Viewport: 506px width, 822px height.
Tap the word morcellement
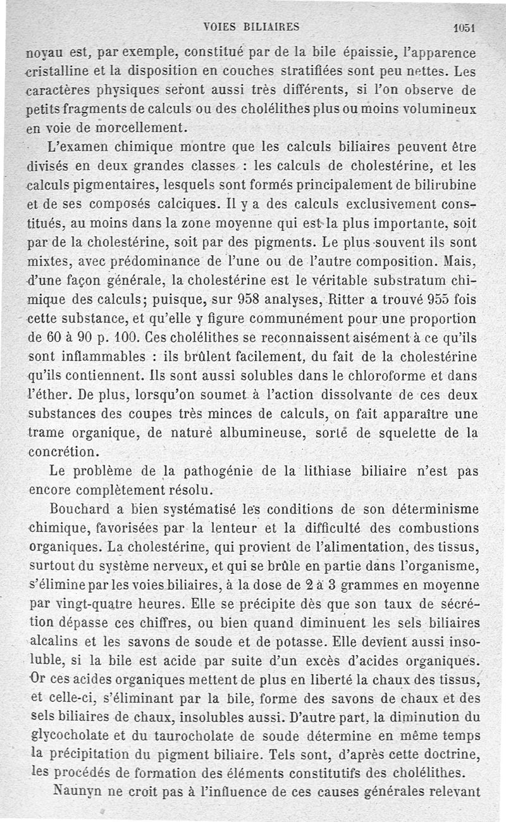(147, 125)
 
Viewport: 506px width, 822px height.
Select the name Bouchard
(79, 509)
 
